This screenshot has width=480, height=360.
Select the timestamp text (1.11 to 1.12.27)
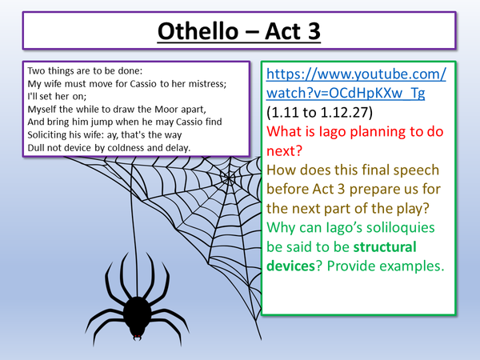[x=322, y=112]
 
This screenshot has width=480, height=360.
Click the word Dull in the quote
[x=36, y=147]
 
